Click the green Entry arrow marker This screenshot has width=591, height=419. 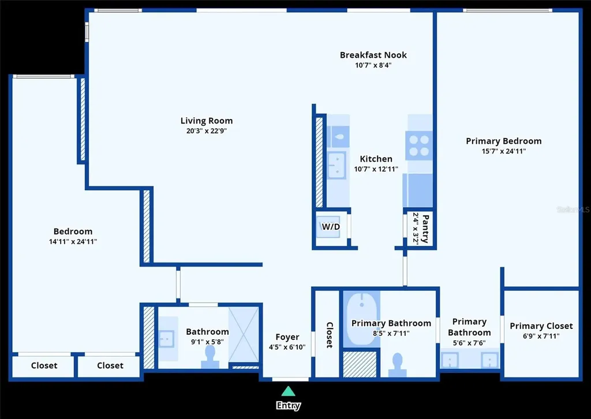point(289,391)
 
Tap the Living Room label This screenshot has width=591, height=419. point(207,121)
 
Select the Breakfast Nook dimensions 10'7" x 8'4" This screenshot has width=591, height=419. point(373,65)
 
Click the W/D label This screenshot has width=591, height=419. point(331,226)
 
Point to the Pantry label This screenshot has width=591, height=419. point(425,229)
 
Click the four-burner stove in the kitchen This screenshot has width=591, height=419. point(419,145)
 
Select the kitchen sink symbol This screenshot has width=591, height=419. point(336,166)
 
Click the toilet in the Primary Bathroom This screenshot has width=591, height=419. point(397,365)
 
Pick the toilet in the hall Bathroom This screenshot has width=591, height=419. point(210,357)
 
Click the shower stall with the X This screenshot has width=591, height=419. point(244,335)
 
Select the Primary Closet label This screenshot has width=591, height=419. point(541,326)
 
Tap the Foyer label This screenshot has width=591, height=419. point(287,337)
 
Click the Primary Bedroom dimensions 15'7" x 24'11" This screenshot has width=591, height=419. point(503,151)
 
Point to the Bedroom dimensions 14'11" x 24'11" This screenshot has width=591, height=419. point(73,241)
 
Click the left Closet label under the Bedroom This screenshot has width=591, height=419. point(44,365)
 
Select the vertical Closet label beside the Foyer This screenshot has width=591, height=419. point(330,335)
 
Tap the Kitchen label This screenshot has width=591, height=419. point(376,159)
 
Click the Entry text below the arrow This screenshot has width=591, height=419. point(289,405)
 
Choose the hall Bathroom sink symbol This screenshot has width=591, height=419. point(166,339)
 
